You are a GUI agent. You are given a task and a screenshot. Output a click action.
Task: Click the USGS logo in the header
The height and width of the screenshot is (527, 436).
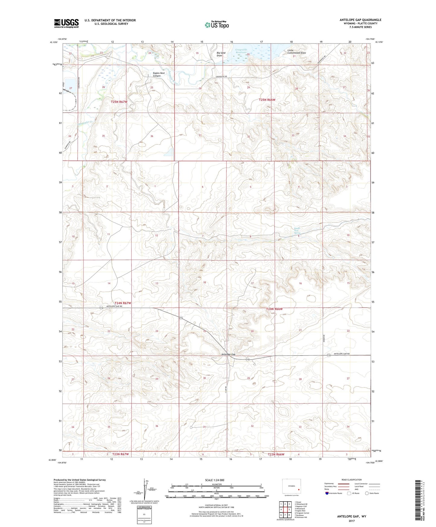pyautogui.click(x=66, y=23)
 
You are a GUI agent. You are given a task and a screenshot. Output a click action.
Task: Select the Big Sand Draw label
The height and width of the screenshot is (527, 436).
pyautogui.click(x=221, y=54)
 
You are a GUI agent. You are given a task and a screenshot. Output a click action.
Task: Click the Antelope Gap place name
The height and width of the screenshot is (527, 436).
pyautogui.click(x=228, y=354)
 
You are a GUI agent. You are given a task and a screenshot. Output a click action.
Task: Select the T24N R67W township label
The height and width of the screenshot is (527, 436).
pyautogui.click(x=123, y=303)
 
